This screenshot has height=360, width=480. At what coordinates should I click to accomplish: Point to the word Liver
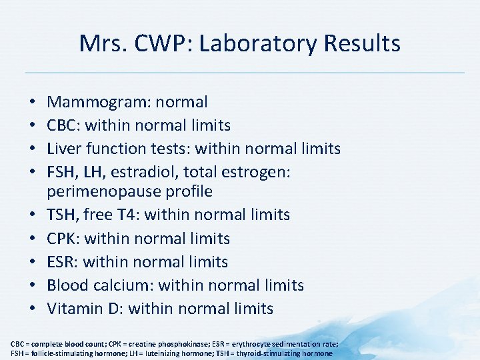click(x=64, y=149)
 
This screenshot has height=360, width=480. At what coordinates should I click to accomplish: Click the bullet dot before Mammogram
click(x=33, y=103)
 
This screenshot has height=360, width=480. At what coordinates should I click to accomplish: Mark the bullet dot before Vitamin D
click(x=33, y=309)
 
